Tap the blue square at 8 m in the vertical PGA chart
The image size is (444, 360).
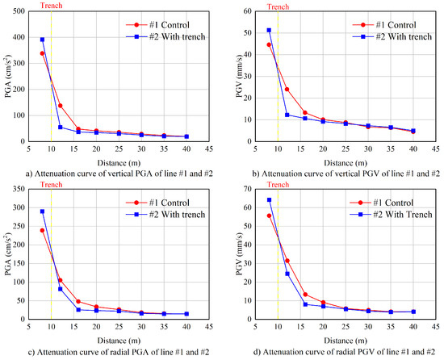(x=42, y=40)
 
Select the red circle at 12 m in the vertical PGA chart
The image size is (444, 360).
(x=61, y=106)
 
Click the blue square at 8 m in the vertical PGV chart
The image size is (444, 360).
(x=269, y=31)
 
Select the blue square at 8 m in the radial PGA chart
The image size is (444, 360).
(x=42, y=211)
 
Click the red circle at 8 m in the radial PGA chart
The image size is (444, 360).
(x=42, y=230)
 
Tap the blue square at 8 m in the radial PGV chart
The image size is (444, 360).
(x=269, y=200)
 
